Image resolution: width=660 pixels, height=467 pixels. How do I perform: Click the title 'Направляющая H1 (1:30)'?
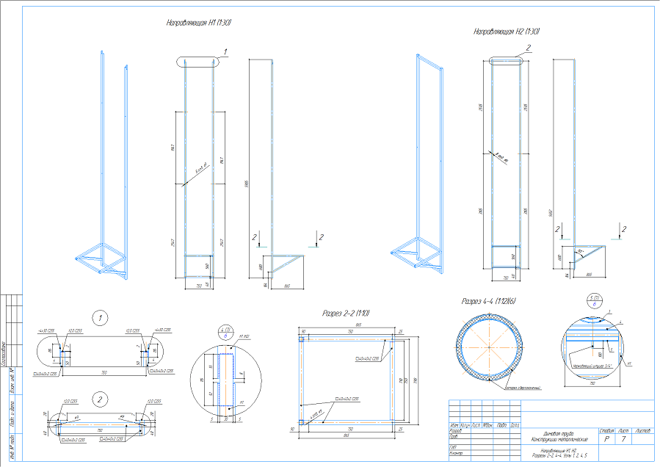(x=200, y=23)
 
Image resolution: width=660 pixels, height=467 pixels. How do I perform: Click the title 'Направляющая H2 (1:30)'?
(x=507, y=32)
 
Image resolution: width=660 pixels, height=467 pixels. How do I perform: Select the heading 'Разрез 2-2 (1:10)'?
(x=346, y=314)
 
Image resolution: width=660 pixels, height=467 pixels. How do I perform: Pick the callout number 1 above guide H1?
(x=226, y=51)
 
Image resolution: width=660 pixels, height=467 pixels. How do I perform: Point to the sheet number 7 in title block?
(x=623, y=438)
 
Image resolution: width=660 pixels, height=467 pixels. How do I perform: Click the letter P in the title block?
(x=607, y=438)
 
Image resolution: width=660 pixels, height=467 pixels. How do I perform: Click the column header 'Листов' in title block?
(x=642, y=430)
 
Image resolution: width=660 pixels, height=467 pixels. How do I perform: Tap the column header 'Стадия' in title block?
(x=607, y=430)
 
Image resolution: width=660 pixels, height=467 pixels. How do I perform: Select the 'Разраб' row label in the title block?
(x=456, y=431)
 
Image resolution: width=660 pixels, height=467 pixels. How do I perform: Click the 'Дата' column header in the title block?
(x=515, y=425)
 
